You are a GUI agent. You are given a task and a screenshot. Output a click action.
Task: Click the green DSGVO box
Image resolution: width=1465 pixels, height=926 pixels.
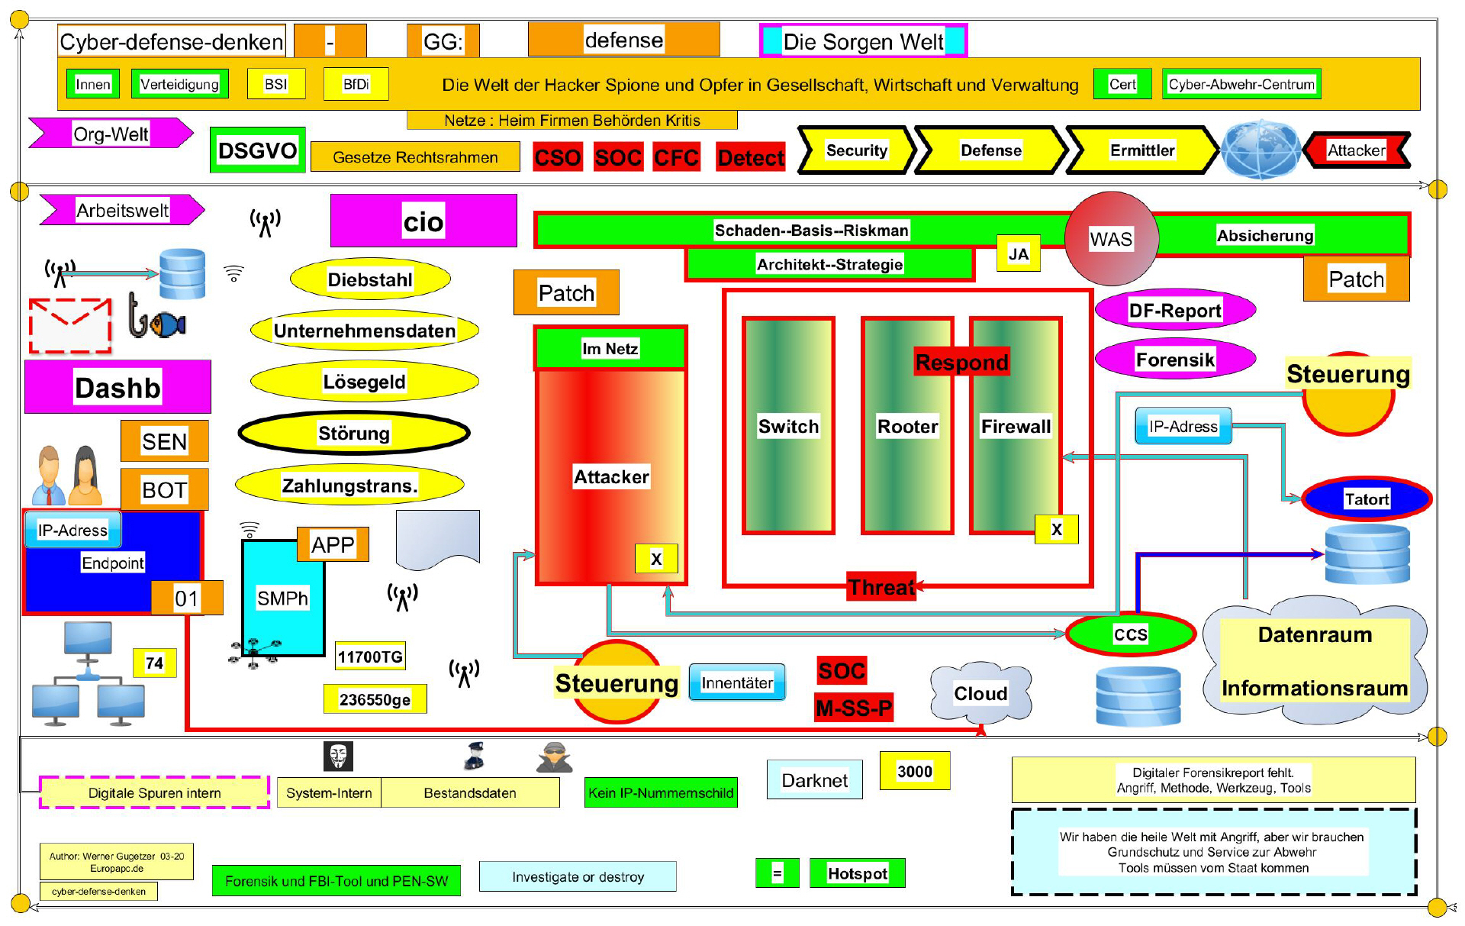point(257,150)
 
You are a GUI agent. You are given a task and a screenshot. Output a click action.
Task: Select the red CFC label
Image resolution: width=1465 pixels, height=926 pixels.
point(676,157)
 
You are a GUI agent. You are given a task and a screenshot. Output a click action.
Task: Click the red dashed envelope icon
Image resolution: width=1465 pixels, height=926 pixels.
point(70,325)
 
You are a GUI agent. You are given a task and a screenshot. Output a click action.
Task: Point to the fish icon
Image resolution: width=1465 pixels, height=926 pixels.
point(167,324)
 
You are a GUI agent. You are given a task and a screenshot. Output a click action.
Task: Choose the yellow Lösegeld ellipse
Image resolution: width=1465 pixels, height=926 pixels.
point(364,381)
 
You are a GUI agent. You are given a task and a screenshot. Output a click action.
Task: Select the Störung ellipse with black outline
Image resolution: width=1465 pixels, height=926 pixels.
point(354,433)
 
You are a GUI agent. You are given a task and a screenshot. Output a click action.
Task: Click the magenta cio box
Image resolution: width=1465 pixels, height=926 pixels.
point(423,221)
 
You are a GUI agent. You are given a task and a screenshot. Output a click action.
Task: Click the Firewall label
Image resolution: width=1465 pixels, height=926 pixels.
point(1016,426)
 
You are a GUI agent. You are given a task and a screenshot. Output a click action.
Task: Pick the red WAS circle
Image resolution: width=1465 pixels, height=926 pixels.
point(1111,238)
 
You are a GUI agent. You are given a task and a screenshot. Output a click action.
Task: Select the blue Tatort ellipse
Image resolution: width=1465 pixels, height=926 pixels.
point(1366,498)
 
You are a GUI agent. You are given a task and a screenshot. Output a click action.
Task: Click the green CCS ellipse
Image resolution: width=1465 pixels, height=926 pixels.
point(1130,634)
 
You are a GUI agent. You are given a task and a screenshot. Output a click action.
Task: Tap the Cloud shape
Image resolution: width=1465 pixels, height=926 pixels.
point(980,692)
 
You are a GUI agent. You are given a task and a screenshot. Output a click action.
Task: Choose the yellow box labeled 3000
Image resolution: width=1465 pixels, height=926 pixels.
point(914,771)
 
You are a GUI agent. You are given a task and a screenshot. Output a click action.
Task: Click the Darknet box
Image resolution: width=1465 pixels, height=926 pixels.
point(814,779)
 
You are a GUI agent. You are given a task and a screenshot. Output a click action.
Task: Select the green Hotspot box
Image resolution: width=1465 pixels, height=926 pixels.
point(857,873)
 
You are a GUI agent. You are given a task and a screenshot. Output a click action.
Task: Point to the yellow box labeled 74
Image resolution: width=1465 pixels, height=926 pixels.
point(154,663)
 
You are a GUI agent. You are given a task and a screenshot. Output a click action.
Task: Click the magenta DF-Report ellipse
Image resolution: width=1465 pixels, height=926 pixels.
point(1174,310)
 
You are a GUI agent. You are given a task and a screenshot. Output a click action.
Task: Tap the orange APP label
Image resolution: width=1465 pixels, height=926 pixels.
point(333,544)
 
